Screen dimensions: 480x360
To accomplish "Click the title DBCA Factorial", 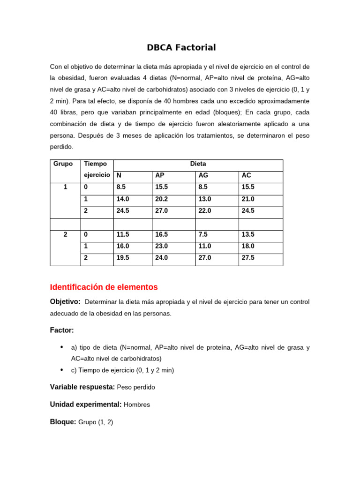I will click(181, 47).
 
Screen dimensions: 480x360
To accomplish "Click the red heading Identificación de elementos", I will click(104, 287).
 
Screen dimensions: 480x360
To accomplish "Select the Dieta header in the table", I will click(198, 164).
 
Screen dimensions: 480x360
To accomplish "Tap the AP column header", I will click(160, 175).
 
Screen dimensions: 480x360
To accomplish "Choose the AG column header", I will click(203, 175).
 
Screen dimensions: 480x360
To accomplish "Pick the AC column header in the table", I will click(247, 175).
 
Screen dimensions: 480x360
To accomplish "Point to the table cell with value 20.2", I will click(161, 199).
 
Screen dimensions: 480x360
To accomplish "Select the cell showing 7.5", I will click(202, 234).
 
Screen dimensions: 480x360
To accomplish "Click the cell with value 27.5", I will click(247, 258).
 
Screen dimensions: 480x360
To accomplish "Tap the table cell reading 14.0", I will click(122, 199).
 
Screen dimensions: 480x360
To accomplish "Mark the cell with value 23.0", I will click(161, 246).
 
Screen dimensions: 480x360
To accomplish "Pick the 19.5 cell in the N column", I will click(122, 258).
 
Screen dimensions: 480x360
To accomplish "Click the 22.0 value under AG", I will click(205, 211).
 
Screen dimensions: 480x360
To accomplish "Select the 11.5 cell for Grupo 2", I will click(122, 234).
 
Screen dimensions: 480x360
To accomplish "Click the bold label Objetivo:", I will click(65, 301).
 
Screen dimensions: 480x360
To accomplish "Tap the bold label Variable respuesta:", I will click(82, 387).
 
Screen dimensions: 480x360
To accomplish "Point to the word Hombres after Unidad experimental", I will click(137, 405).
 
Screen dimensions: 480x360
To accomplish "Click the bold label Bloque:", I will click(63, 422).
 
